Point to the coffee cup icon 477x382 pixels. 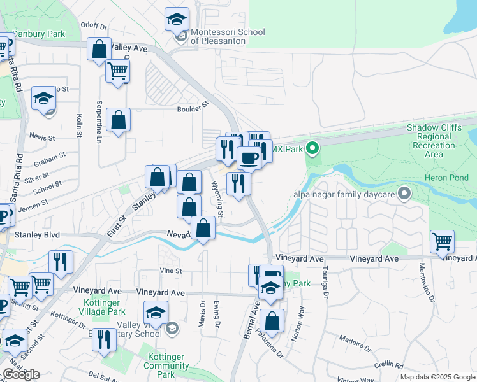coord(249,157)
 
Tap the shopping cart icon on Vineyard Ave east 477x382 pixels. coord(442,241)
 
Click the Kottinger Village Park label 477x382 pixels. coord(103,307)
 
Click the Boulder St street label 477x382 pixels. coord(193,108)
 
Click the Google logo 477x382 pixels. coord(21,374)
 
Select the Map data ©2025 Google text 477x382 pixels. coord(437,377)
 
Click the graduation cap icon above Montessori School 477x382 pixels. coord(177,19)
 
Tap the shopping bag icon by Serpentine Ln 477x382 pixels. coord(119,119)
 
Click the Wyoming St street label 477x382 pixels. coord(217,199)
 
